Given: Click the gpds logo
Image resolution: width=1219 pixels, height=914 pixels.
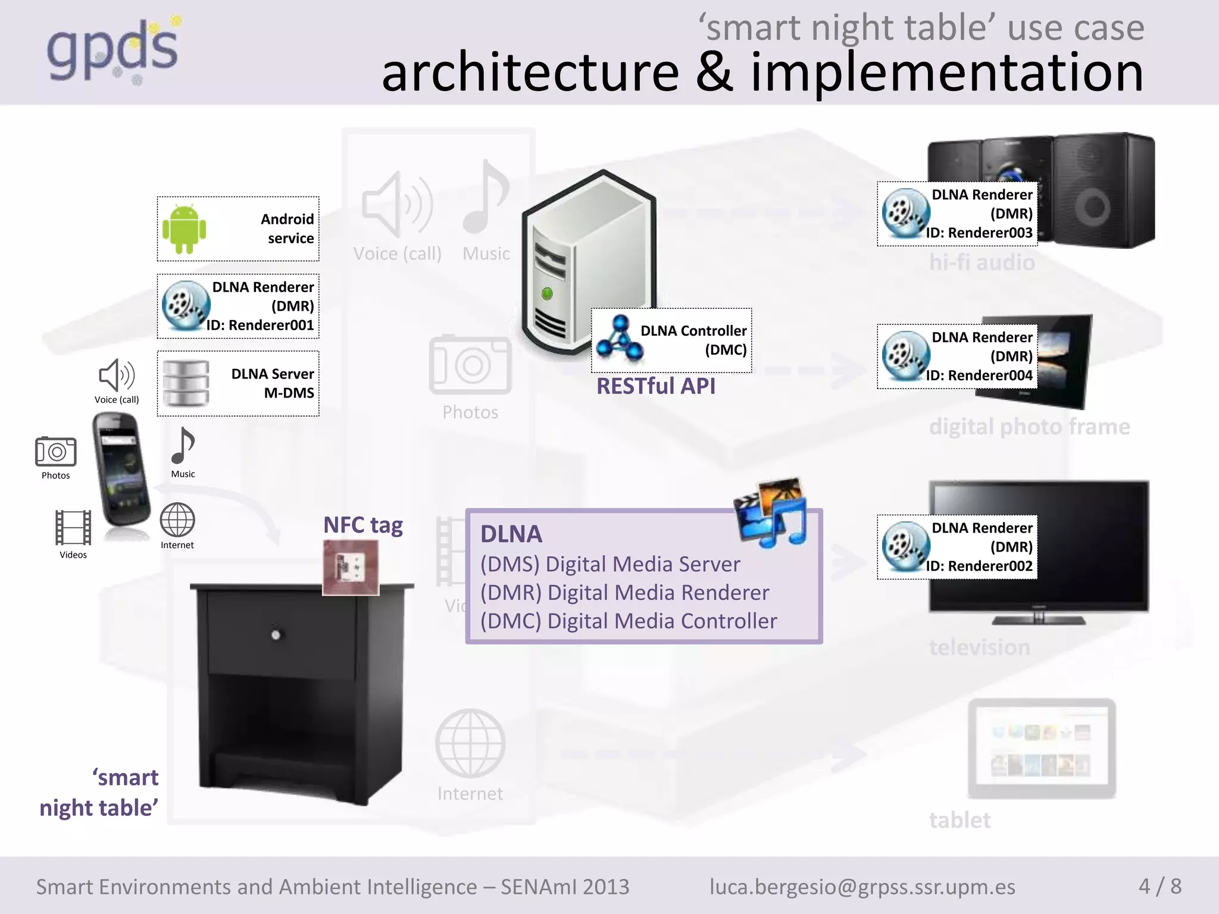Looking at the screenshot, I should coord(113,51).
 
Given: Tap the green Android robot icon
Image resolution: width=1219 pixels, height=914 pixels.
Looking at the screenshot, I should coord(184,229).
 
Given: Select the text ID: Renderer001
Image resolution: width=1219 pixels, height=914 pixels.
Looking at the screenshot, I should coord(260,325).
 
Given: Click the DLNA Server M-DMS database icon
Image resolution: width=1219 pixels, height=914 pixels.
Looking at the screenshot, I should coord(186,383).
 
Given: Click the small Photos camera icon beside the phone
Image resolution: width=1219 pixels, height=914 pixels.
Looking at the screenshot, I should coord(55,452).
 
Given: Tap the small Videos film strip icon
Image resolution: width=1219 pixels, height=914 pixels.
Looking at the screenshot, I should coord(73,527).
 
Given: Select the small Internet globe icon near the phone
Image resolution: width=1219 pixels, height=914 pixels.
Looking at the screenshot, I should coord(177,519).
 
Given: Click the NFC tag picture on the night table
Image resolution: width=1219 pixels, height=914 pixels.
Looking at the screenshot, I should coord(351,567).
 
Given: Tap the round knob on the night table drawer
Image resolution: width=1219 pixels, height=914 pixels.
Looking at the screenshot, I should coord(276,635).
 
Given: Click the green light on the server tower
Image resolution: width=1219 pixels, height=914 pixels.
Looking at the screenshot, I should coord(547,293).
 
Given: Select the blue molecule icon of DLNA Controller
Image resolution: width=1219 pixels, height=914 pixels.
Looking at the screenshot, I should coord(620,339).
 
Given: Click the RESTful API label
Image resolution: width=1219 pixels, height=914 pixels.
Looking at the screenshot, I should coord(656,386).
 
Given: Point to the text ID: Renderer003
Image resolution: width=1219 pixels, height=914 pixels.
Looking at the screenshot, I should coord(979,233).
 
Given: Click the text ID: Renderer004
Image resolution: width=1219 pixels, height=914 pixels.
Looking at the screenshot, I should coord(979,375).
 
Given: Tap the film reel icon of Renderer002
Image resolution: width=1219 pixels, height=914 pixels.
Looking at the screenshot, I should coord(905,546).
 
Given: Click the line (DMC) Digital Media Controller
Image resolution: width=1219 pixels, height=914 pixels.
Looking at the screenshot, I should coord(629,621).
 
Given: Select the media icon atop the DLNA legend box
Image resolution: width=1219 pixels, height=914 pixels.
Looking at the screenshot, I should coord(771,512).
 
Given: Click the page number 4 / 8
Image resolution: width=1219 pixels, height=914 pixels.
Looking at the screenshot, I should coord(1159,887).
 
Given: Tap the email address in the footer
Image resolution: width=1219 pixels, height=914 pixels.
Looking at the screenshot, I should coord(862,887).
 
